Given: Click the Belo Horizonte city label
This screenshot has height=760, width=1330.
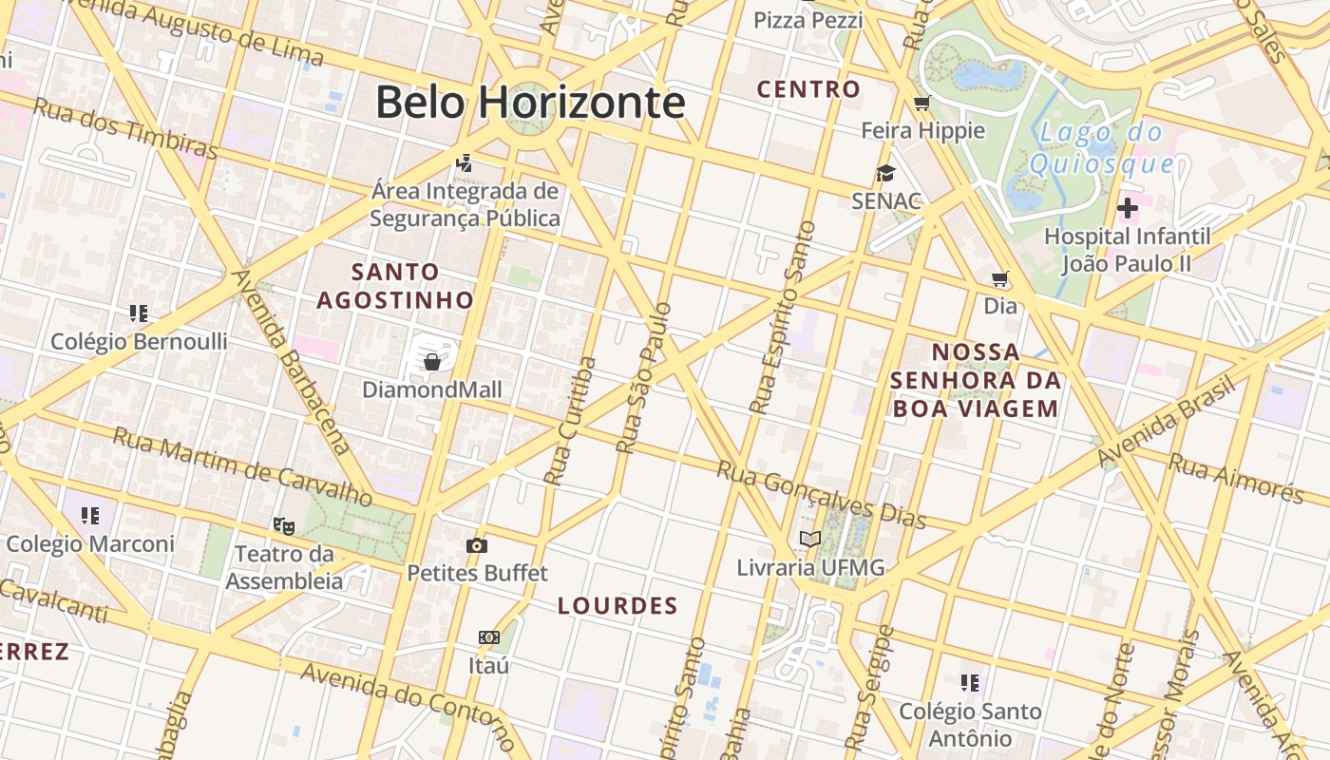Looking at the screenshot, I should [530, 102].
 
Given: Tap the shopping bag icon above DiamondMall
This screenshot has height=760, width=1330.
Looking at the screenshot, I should [432, 361].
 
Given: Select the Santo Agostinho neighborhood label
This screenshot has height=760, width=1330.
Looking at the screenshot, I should [395, 286].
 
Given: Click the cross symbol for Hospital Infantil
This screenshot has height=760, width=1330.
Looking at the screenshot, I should [1128, 207].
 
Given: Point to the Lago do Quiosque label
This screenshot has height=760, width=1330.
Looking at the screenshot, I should [1101, 148].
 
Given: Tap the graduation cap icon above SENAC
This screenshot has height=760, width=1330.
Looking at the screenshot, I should [886, 173].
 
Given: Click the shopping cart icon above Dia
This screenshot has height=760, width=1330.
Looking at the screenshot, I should [999, 278].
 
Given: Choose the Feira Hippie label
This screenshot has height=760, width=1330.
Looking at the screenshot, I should [922, 130].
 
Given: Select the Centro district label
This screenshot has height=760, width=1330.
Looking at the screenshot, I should [808, 89].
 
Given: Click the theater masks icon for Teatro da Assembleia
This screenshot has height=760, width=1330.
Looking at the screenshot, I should [283, 525].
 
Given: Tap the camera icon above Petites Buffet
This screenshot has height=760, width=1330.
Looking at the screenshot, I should [477, 545].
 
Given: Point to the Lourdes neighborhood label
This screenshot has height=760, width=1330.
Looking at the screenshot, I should [617, 606].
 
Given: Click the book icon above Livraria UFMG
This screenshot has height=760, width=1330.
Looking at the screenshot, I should [809, 540].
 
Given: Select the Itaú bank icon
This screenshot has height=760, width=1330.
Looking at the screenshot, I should [489, 637].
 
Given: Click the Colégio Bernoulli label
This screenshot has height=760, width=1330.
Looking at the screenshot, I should [139, 341].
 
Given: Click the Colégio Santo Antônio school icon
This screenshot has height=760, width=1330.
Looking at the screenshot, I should [970, 682].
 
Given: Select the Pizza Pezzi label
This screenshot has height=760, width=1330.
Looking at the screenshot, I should [808, 20].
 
